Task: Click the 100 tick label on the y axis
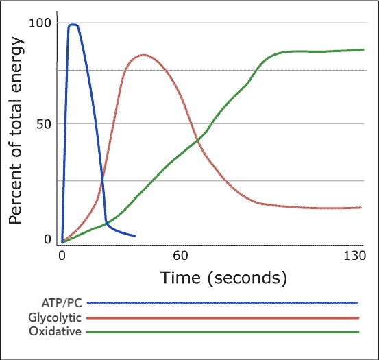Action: click(x=40, y=23)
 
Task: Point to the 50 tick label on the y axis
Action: click(x=44, y=124)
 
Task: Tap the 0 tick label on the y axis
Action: click(x=47, y=239)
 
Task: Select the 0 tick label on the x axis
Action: click(x=62, y=256)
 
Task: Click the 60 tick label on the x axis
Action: click(x=180, y=256)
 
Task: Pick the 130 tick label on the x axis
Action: click(x=354, y=256)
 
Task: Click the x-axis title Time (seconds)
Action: click(x=223, y=278)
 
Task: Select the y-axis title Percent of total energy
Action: click(x=16, y=130)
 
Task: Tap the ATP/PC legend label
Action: click(x=62, y=303)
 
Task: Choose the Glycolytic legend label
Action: click(x=55, y=317)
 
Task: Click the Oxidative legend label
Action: click(x=56, y=331)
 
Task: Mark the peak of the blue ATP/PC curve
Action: click(x=73, y=25)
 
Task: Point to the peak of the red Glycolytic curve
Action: click(x=144, y=55)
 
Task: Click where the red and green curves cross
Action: click(x=197, y=140)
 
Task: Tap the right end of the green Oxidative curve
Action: click(x=363, y=50)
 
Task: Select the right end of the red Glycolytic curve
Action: click(x=360, y=208)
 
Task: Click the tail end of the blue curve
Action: click(x=135, y=236)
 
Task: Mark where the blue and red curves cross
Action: click(x=102, y=179)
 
